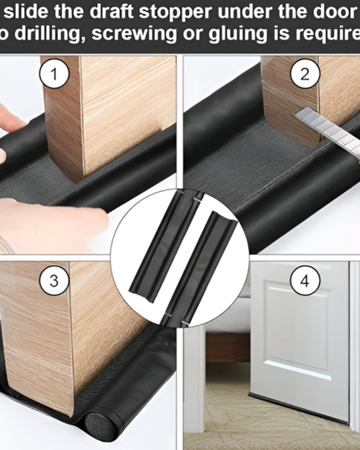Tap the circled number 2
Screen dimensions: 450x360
(x=305, y=75)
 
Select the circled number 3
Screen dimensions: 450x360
(x=54, y=280)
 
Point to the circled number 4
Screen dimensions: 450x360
(x=305, y=280)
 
